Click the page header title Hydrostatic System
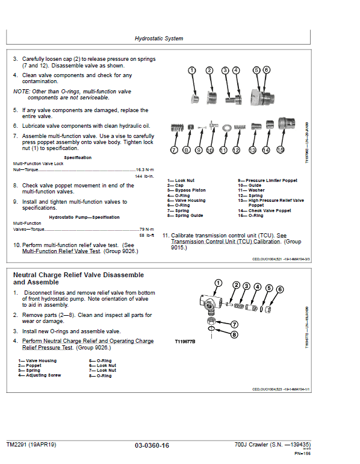159,39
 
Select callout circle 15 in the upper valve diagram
281,149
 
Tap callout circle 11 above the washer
223,149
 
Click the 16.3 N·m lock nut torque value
144,170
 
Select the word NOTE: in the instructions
23,91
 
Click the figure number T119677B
187,341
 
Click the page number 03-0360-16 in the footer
152,445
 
